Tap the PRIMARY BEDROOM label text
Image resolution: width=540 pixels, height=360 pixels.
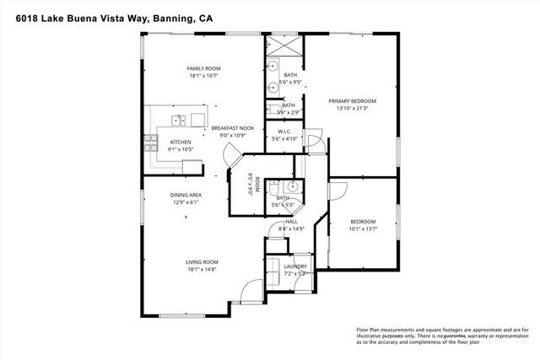352,100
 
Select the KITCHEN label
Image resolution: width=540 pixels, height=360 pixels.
181,142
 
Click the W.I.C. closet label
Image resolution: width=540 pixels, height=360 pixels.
284,132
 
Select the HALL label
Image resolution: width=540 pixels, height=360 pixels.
291,221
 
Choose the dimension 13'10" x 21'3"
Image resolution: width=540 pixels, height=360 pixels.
352,108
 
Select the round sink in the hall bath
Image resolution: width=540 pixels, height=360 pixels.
290,188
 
